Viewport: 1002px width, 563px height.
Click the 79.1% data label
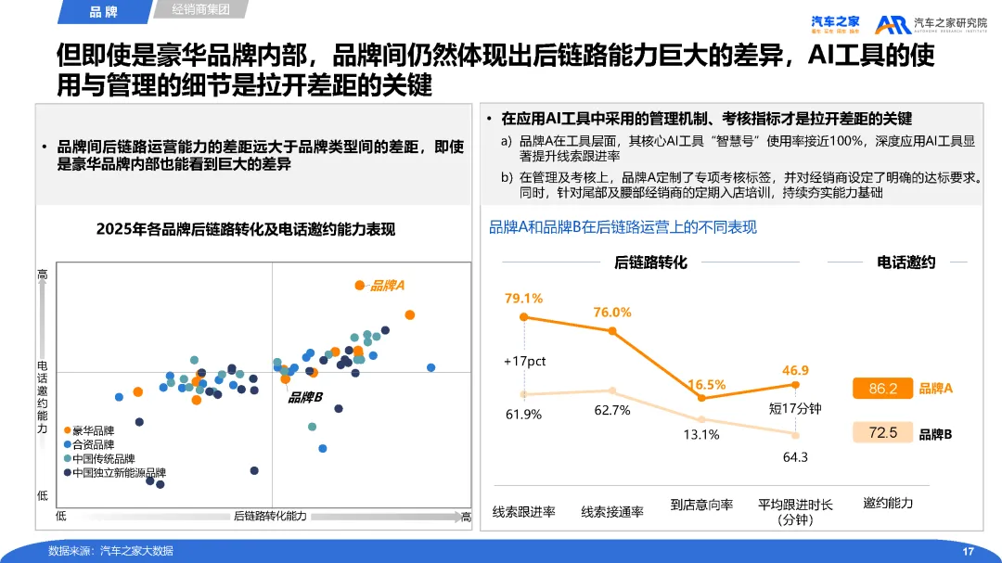point(523,298)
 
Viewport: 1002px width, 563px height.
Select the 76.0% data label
point(612,313)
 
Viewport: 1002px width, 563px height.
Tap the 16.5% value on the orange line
point(707,384)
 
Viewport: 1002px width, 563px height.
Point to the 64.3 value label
point(795,456)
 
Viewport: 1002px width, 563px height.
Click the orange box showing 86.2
point(882,389)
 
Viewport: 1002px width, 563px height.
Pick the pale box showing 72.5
point(882,433)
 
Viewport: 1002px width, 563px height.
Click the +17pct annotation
point(524,361)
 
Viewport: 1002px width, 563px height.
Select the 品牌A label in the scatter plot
point(387,286)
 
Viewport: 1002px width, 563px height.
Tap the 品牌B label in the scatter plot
point(304,397)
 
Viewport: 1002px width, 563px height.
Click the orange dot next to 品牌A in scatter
point(360,285)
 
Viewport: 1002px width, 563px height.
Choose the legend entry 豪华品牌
point(93,430)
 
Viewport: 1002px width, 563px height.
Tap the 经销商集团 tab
point(200,10)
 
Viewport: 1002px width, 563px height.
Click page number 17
point(968,552)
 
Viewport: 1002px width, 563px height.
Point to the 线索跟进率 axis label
point(523,511)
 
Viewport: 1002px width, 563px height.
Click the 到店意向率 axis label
point(701,505)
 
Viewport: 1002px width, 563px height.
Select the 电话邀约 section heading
point(906,262)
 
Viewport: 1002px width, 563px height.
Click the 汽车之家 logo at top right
point(835,23)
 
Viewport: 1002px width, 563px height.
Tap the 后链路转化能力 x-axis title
point(270,516)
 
